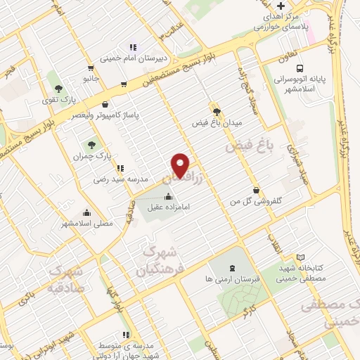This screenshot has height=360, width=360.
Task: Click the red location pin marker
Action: point(181,165)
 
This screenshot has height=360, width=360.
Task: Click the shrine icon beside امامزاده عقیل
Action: point(167,197)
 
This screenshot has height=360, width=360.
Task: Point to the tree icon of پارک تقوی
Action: point(58,89)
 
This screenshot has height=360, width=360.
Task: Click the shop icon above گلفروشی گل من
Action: point(256,190)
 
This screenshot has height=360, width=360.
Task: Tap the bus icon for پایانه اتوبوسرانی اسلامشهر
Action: point(300,69)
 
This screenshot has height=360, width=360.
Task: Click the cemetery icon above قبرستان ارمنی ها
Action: point(232,268)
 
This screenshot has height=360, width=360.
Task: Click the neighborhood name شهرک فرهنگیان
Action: point(165,259)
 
